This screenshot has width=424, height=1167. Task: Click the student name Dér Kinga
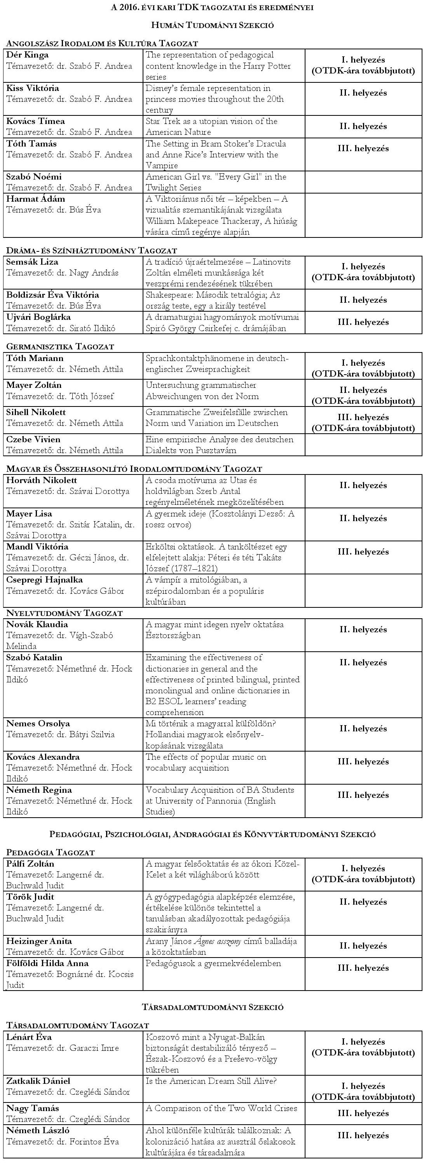27,55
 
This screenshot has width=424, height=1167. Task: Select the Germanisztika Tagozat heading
60,347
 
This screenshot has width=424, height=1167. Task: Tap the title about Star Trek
211,127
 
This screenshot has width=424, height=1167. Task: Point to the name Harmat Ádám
35,199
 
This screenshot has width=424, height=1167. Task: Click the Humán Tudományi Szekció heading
212,25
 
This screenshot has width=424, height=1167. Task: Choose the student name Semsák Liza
32,262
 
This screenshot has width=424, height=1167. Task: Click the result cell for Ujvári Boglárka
363,323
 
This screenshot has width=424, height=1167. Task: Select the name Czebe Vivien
33,440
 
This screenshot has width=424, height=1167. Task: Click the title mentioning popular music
206,762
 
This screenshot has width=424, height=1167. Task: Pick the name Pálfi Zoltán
30,864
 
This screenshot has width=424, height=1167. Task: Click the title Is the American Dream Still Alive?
211,1082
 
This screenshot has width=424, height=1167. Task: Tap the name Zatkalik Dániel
38,1082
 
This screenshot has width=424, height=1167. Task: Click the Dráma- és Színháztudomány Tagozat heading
91,251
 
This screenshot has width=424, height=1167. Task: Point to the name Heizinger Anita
39,941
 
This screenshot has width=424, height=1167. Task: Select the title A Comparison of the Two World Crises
221,1109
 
